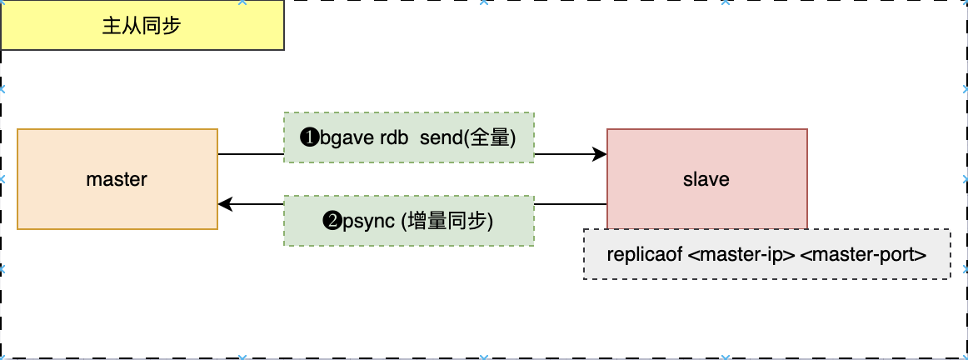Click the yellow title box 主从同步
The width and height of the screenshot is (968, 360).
point(142,25)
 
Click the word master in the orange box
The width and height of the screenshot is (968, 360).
point(117,179)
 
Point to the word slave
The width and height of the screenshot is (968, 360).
point(706,179)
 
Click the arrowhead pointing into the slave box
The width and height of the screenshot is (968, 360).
point(600,153)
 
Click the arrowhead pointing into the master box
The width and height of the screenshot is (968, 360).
point(225,204)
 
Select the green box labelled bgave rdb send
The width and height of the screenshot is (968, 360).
point(408,137)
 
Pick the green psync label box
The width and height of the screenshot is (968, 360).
point(408,221)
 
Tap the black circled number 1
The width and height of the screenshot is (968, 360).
point(307,137)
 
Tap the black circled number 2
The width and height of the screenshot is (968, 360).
point(331,222)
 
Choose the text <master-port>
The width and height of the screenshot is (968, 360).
point(863,255)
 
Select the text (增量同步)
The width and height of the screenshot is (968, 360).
point(448,222)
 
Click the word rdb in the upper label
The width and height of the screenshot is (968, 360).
point(394,137)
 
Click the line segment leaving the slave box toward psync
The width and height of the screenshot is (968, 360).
point(570,204)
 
